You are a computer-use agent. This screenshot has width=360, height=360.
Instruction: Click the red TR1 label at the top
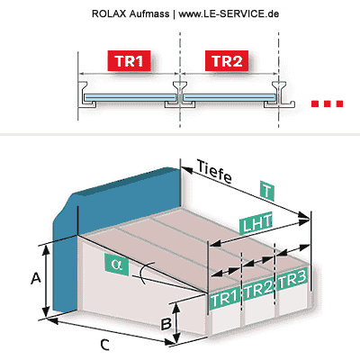(x=129, y=61)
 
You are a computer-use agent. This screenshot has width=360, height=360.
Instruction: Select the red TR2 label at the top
(x=227, y=61)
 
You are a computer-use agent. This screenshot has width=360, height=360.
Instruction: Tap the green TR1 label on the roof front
(x=225, y=299)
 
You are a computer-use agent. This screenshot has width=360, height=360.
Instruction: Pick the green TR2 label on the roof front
(x=258, y=289)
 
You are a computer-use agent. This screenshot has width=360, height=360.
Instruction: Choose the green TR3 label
(x=292, y=280)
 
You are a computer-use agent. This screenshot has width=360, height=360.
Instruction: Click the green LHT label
(x=256, y=223)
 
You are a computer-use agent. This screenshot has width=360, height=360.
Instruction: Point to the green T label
(x=267, y=191)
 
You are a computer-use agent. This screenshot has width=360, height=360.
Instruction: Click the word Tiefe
(x=214, y=172)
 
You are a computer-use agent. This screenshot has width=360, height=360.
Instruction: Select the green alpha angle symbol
(x=117, y=265)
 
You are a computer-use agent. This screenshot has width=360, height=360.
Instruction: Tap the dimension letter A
(x=36, y=278)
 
